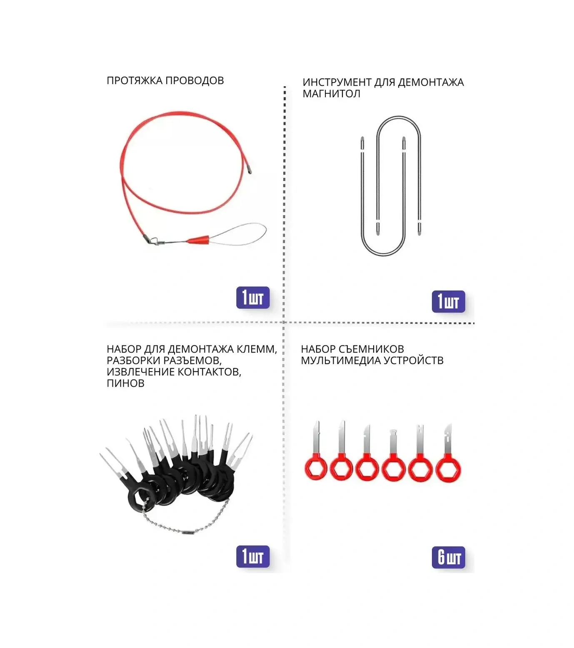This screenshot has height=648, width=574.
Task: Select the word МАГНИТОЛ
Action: tap(331, 94)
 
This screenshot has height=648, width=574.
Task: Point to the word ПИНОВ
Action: tap(125, 383)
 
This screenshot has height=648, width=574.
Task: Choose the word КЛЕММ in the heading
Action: tap(257, 349)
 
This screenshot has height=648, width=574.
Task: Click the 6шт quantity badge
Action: tap(449, 557)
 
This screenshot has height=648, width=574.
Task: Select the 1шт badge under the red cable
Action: tap(253, 298)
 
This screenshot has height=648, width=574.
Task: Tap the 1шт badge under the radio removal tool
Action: tap(448, 301)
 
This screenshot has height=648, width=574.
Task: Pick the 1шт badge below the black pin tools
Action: tap(253, 556)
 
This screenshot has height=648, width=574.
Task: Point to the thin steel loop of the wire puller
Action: tap(242, 233)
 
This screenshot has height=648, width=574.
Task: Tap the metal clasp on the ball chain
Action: tap(187, 531)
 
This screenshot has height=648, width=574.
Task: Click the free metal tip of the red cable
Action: tap(249, 170)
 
